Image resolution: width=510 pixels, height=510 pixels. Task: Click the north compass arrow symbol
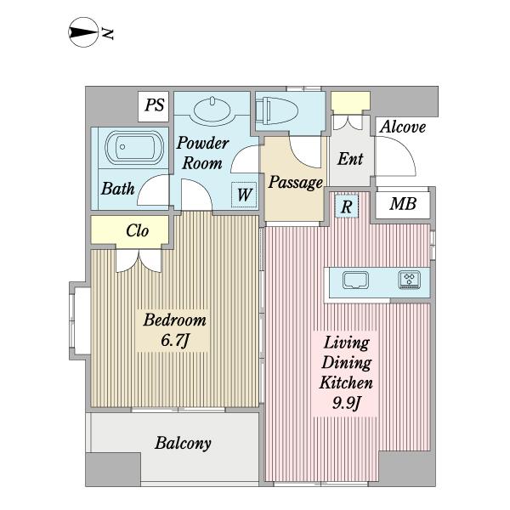tap(83, 32)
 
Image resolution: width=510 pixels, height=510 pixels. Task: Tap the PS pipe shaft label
tap(154, 105)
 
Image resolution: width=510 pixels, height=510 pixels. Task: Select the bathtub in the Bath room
tap(134, 147)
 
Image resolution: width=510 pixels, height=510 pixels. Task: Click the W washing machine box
tap(244, 195)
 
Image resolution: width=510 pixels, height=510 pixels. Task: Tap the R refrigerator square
tap(347, 207)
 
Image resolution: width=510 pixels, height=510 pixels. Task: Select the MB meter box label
tap(403, 204)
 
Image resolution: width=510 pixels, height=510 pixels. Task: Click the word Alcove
tap(403, 127)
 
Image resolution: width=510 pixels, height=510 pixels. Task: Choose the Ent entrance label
tap(350, 159)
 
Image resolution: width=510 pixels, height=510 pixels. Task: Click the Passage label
tap(295, 183)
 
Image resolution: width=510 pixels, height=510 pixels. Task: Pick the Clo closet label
tap(137, 230)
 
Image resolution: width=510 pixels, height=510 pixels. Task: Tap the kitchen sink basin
tap(355, 280)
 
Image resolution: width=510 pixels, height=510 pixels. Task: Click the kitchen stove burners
tap(410, 280)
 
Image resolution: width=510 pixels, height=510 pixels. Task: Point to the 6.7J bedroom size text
tap(175, 340)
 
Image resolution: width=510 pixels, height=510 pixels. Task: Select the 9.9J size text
tap(347, 403)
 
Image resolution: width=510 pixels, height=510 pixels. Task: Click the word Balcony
tap(183, 444)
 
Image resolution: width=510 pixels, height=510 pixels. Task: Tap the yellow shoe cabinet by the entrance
tap(350, 102)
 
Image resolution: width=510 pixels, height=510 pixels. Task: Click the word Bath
tap(117, 189)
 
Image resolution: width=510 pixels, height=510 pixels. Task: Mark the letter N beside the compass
tap(108, 33)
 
